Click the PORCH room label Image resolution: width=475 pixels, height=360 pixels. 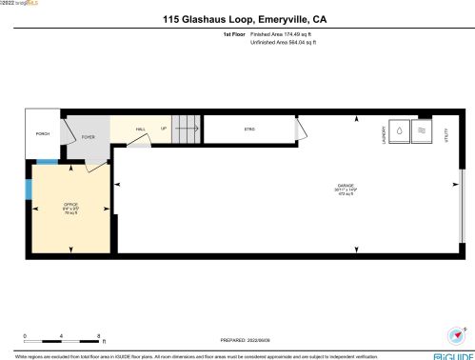click(x=43, y=134)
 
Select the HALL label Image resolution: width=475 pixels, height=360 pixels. click(x=140, y=129)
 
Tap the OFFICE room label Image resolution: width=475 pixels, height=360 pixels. click(x=69, y=207)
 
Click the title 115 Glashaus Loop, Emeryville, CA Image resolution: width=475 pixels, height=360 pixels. click(x=237, y=17)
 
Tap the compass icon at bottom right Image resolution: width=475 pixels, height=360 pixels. click(x=454, y=335)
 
